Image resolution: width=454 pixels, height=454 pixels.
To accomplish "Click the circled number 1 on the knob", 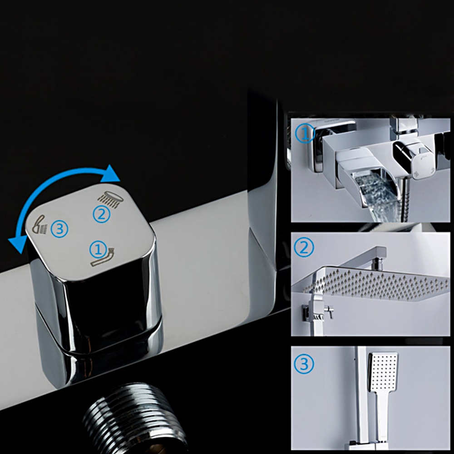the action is coord(99,249).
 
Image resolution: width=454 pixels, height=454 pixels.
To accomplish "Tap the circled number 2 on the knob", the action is coord(101,214).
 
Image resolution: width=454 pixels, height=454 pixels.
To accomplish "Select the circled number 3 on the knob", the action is coord(59,229).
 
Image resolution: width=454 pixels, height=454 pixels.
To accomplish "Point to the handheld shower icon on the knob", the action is coord(39,224).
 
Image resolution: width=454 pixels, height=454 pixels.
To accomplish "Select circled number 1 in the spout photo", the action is coord(304,133).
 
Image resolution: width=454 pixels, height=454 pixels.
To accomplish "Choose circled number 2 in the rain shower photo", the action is coord(304,247).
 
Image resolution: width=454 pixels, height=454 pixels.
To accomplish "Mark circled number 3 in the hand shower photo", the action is coord(304,364).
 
